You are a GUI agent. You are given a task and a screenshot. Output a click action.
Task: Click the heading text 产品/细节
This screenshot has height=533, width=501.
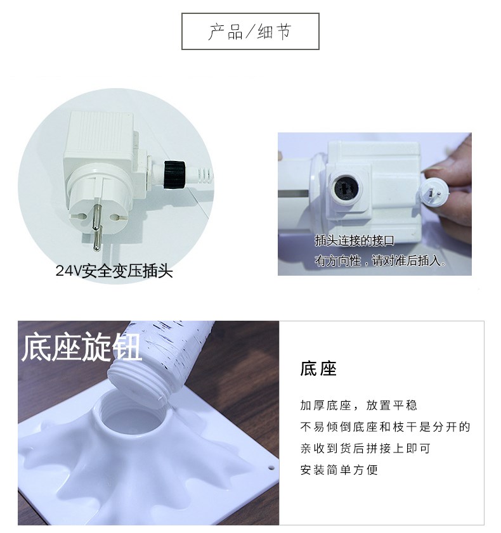(x=250, y=32)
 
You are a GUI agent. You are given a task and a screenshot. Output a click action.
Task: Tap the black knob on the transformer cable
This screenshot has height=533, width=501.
(x=174, y=174)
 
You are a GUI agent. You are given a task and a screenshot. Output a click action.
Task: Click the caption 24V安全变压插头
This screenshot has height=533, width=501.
(x=114, y=271)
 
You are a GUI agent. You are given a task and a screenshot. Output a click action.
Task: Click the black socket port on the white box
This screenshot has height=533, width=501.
(x=346, y=188)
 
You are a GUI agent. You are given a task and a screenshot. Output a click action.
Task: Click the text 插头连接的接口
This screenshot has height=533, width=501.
(x=355, y=241)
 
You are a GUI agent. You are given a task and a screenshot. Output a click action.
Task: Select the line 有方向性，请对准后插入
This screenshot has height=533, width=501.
(x=381, y=260)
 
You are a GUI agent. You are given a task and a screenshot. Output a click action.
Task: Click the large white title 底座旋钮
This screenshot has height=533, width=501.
(x=81, y=347)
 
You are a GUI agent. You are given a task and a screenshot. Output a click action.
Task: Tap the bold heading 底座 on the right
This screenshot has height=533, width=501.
(x=318, y=369)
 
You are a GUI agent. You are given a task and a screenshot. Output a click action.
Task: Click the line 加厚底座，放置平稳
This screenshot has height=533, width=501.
(x=358, y=405)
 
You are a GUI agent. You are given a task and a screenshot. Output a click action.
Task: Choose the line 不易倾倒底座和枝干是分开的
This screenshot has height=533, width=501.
(x=385, y=427)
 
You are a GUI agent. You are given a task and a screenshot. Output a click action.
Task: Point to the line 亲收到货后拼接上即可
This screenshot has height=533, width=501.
(x=365, y=448)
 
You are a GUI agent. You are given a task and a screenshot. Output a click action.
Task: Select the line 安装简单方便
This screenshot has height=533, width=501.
(x=339, y=470)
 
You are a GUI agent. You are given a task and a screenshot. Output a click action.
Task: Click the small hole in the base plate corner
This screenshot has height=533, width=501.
(x=271, y=468)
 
